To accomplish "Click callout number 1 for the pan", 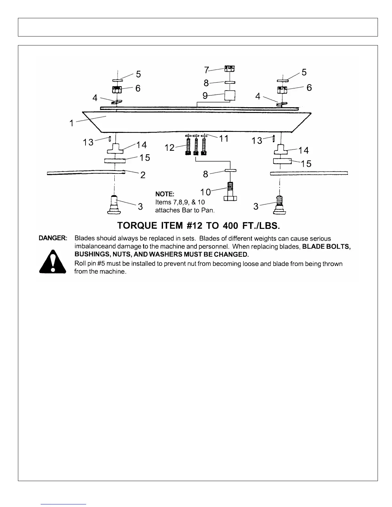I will pos(72,123).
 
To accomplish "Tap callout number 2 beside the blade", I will pos(143,175).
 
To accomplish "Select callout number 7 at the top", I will pos(207,70).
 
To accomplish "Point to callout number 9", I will pos(205,96).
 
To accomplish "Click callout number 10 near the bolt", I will pos(206,192).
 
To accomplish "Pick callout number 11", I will pos(224,138).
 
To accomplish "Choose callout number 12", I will pos(170,148).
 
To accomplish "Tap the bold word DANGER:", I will pos(53,238).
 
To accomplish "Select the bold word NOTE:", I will pos(165,194).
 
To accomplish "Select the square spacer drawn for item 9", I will pos(230,95).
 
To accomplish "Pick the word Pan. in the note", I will pos(208,210).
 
